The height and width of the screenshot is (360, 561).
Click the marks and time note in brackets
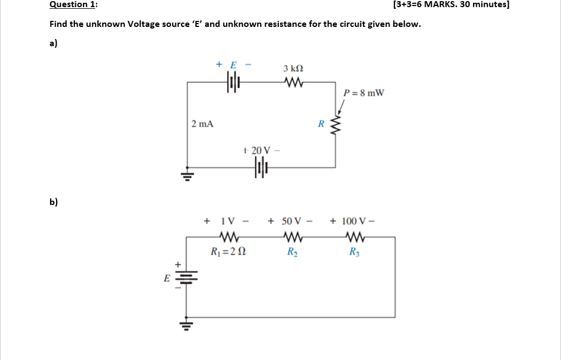(x=452, y=5)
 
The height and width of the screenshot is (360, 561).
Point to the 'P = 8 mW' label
(x=364, y=92)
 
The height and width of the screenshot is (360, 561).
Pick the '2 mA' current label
(x=202, y=124)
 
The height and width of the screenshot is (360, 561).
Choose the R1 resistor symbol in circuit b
(x=228, y=237)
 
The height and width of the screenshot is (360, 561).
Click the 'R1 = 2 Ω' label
(x=228, y=252)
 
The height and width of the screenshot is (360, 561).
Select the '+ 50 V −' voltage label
(x=290, y=221)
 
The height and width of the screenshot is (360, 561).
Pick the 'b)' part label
(x=54, y=201)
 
